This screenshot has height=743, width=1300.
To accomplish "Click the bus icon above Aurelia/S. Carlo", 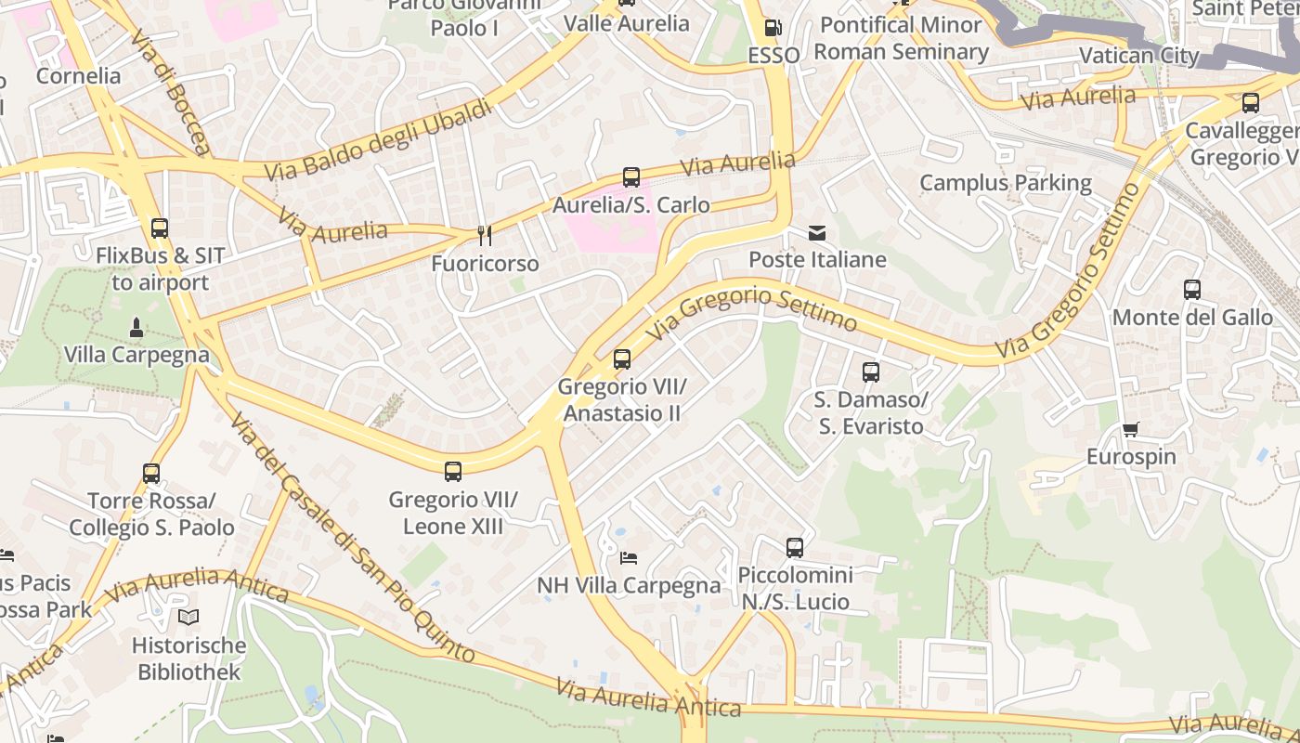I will click(x=631, y=176).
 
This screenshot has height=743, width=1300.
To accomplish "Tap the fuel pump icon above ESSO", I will click(x=773, y=28).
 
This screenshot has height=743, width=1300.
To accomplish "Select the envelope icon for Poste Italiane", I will click(x=817, y=232).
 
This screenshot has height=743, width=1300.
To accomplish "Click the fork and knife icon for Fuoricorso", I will click(x=484, y=236).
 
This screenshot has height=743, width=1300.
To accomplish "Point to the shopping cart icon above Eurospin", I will click(x=1130, y=429).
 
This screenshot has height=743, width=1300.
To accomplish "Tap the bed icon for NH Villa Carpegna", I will click(x=629, y=558).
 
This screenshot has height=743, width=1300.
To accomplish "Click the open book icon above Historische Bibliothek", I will click(x=188, y=617).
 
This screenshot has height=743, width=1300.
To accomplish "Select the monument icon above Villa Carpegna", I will click(x=136, y=327).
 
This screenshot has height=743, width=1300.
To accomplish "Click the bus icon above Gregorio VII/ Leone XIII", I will click(x=453, y=472).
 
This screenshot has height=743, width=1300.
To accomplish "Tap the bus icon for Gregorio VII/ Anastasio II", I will click(x=622, y=358).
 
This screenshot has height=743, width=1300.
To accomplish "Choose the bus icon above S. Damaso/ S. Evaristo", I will click(x=870, y=372).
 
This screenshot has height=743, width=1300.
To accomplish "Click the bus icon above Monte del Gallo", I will click(x=1192, y=290).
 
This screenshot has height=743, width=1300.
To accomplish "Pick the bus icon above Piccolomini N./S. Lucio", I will click(x=795, y=548).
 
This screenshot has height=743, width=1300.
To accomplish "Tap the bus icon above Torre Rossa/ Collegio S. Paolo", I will click(x=151, y=474).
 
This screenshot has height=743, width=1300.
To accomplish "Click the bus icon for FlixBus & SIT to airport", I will click(x=160, y=228).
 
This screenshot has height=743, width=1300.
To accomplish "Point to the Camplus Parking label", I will click(x=1006, y=183).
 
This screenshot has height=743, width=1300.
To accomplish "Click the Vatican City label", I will click(x=1139, y=56).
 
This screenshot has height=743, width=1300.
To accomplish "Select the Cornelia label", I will click(x=79, y=76).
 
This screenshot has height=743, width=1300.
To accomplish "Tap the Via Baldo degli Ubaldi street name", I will click(x=378, y=140).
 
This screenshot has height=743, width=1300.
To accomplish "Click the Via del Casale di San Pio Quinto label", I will click(x=353, y=539).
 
